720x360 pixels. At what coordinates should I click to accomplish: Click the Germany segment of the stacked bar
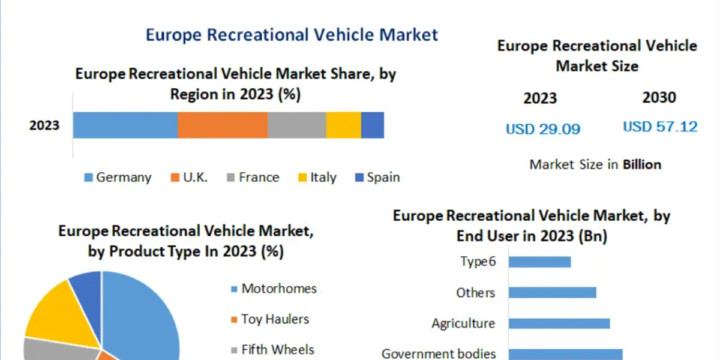125,125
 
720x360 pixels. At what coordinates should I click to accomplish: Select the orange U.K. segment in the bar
222,125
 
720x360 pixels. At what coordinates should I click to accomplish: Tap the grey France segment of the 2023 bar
296,125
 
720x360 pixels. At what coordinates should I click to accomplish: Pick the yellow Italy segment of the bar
343,125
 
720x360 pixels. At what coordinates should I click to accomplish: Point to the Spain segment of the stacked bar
372,125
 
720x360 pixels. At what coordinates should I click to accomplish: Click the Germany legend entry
118,178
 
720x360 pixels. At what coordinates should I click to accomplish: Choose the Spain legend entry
377,178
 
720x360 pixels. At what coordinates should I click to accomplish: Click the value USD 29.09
543,129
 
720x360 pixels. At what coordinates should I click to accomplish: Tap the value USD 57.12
660,127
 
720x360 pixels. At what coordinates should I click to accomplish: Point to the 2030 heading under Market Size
659,97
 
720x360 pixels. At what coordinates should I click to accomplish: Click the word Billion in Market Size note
642,164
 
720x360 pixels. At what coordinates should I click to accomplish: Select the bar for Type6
539,262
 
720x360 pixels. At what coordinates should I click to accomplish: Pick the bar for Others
552,292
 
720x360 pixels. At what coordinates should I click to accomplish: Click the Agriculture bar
559,323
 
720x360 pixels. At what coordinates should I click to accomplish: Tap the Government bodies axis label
439,353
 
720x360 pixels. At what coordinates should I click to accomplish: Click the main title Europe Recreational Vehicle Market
292,35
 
